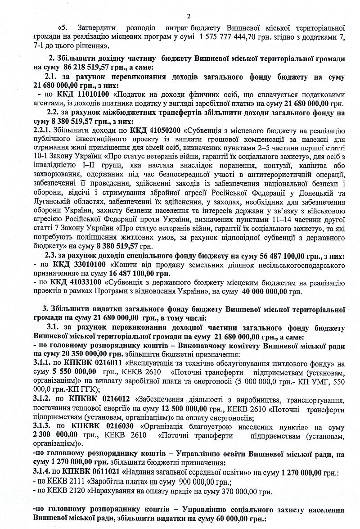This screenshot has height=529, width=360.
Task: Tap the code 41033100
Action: click(x=81, y=283)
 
